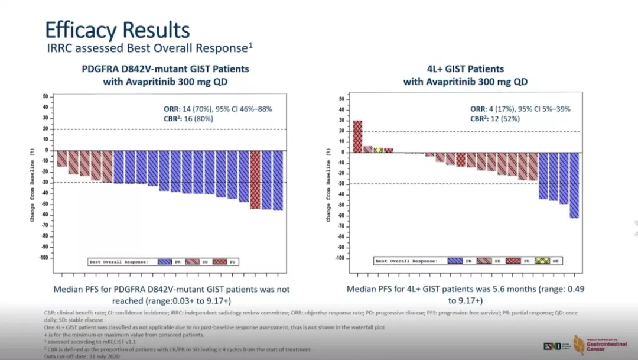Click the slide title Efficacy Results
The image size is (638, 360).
click(x=118, y=30)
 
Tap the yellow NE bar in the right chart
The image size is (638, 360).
click(x=378, y=150)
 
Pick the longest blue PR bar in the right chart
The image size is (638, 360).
click(x=574, y=184)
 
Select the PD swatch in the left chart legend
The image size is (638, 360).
click(x=220, y=261)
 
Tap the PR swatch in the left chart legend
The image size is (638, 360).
click(x=165, y=261)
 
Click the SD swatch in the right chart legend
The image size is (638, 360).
click(x=486, y=261)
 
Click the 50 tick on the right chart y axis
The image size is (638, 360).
click(x=341, y=99)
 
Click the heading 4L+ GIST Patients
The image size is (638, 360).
click(x=466, y=69)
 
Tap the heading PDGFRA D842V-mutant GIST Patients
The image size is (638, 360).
click(x=165, y=69)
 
